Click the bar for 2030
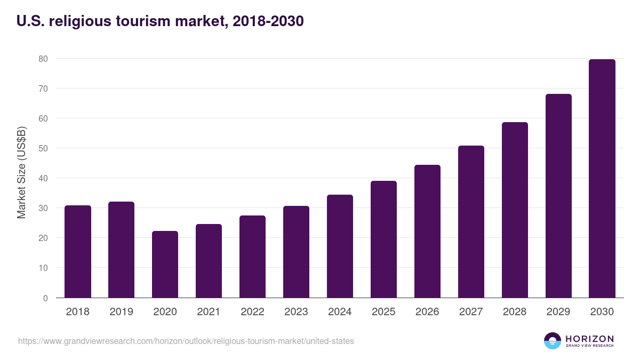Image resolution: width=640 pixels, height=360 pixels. [602, 179]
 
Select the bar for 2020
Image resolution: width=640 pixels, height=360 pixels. [165, 265]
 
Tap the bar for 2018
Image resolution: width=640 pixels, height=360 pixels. [78, 252]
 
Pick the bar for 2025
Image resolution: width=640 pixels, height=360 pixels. [383, 239]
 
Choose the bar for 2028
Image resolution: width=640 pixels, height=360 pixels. [515, 210]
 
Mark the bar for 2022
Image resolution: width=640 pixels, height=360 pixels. [252, 257]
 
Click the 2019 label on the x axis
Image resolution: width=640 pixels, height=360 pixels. [122, 312]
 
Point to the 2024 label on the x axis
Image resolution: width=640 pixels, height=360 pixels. [340, 312]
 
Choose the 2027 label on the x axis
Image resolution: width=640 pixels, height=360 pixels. [471, 312]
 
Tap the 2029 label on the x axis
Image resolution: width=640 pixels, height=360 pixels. [558, 312]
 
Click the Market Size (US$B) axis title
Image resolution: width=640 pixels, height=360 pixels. [21, 172]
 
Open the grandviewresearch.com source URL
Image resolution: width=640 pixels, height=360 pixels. [186, 341]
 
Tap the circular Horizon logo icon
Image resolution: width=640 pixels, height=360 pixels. [553, 341]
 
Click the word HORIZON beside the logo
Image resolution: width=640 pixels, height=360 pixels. [589, 338]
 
